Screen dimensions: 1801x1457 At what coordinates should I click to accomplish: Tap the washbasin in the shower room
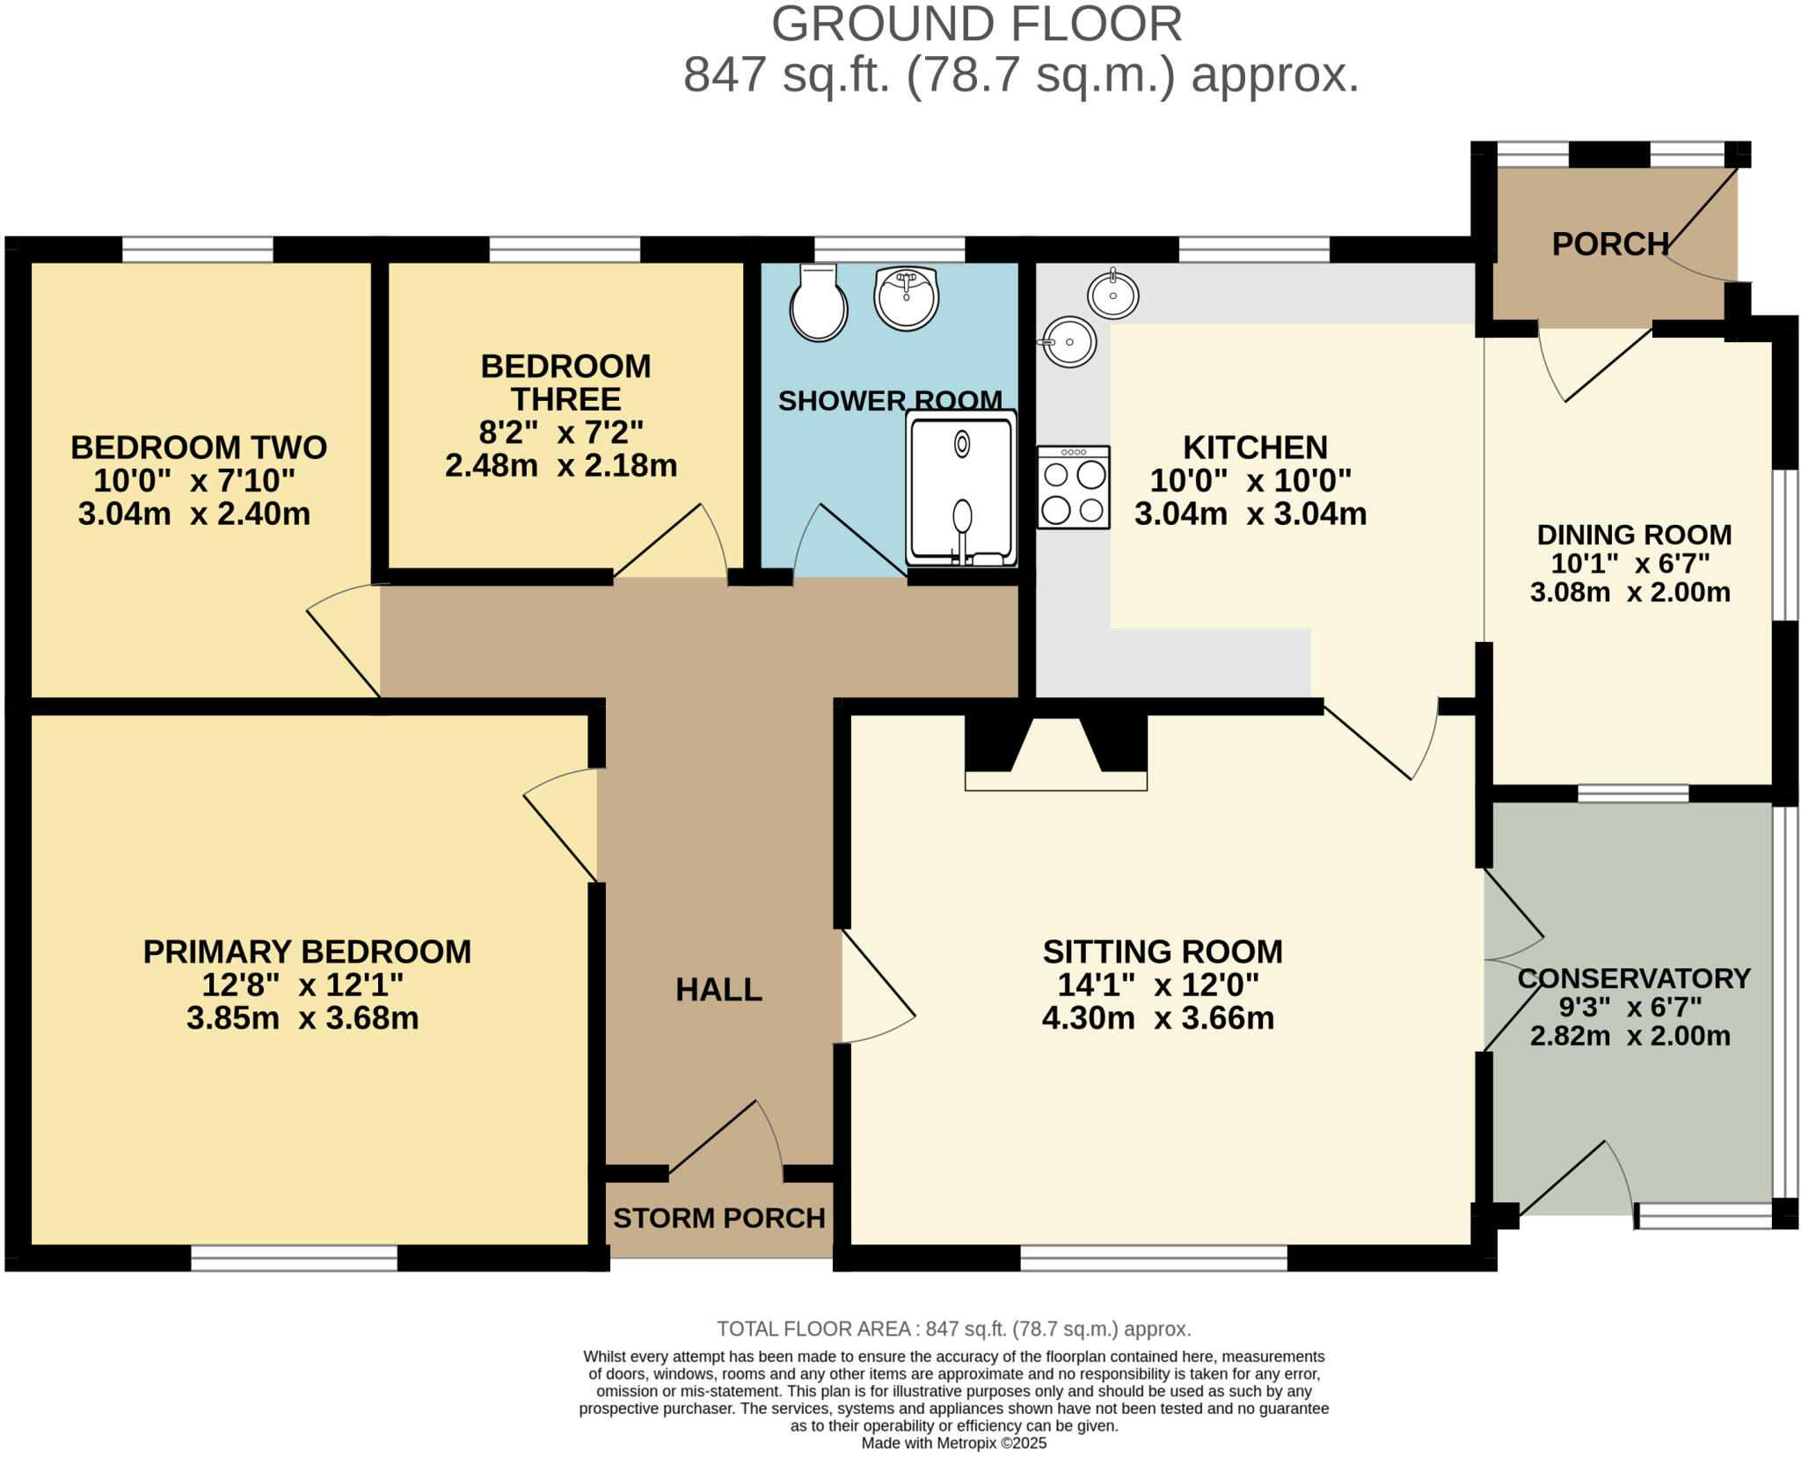pyautogui.click(x=906, y=297)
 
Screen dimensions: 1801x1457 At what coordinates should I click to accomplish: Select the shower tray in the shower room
pyautogui.click(x=962, y=488)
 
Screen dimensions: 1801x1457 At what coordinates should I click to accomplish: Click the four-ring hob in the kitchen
pyautogui.click(x=1073, y=487)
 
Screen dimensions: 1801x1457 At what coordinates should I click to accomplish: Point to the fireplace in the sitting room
pyautogui.click(x=1056, y=753)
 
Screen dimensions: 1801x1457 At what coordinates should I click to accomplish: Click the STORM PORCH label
pyautogui.click(x=719, y=1218)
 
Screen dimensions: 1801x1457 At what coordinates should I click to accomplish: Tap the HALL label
pyautogui.click(x=718, y=990)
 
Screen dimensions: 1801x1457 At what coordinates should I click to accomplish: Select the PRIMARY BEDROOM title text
pyautogui.click(x=307, y=951)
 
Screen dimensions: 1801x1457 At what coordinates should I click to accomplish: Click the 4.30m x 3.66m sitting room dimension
pyautogui.click(x=1158, y=1018)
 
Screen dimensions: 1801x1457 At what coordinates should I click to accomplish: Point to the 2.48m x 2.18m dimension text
pyautogui.click(x=561, y=465)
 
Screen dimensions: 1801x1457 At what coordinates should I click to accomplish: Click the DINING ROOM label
pyautogui.click(x=1634, y=535)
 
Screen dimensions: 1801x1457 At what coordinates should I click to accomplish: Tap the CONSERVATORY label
pyautogui.click(x=1634, y=978)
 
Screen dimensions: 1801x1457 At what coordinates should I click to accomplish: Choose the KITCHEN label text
pyautogui.click(x=1255, y=448)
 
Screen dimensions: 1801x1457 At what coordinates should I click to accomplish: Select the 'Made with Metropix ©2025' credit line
pyautogui.click(x=954, y=1443)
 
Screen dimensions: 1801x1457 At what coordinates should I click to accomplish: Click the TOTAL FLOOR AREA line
pyautogui.click(x=954, y=1329)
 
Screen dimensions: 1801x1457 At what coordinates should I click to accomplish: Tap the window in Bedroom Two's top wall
pyautogui.click(x=198, y=250)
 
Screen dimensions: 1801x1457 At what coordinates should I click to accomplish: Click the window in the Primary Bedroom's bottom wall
pyautogui.click(x=294, y=1258)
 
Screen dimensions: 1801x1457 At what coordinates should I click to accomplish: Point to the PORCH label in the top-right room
pyautogui.click(x=1610, y=244)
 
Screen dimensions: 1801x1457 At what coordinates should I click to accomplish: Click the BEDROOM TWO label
pyautogui.click(x=199, y=448)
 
